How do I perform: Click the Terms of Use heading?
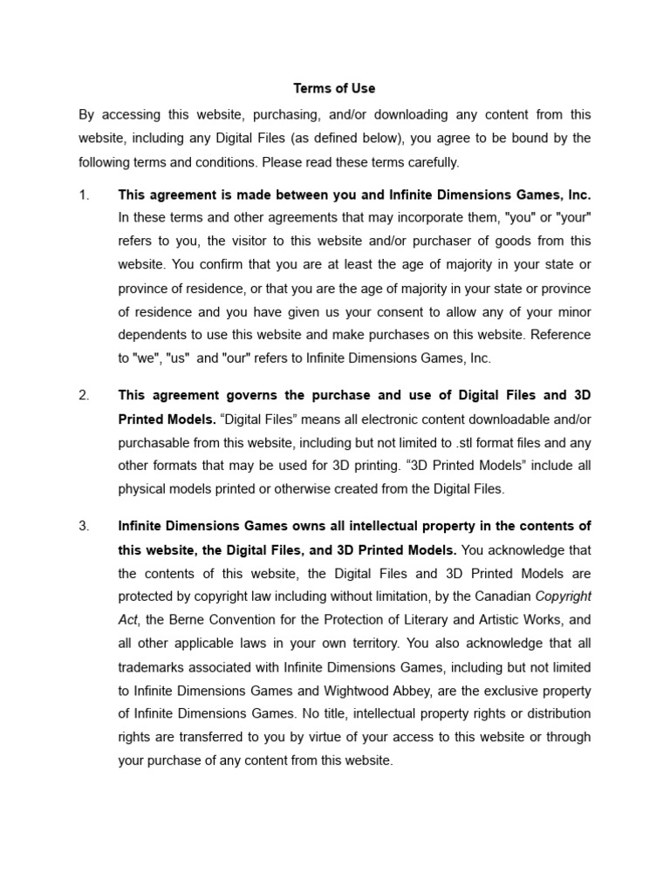point(334,89)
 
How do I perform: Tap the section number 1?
point(84,195)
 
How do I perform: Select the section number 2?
point(84,396)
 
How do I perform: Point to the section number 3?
point(84,526)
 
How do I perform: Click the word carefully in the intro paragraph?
point(427,162)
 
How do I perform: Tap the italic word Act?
point(128,620)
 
